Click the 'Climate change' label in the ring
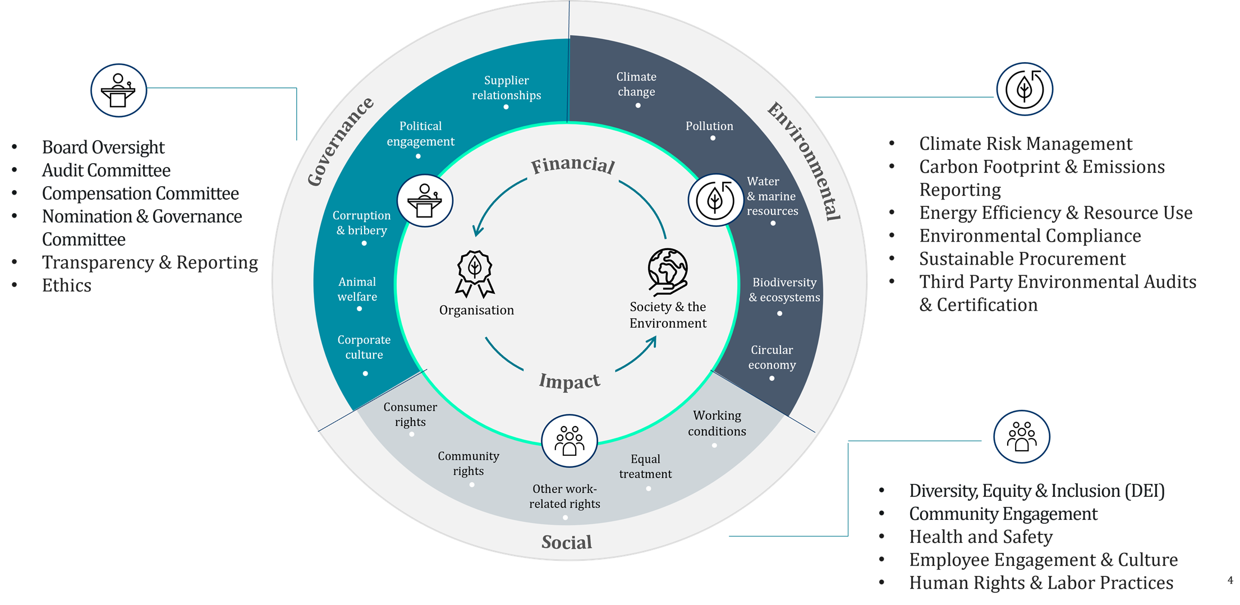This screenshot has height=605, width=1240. click(636, 84)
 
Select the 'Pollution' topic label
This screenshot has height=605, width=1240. click(709, 126)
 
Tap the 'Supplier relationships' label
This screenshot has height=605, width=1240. click(506, 88)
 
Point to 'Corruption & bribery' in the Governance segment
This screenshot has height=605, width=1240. click(361, 223)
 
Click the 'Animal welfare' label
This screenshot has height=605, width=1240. click(357, 289)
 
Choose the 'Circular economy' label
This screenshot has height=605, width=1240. click(772, 357)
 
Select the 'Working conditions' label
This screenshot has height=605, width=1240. click(717, 423)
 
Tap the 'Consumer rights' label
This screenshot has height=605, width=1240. click(410, 414)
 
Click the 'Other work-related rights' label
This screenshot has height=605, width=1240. click(564, 496)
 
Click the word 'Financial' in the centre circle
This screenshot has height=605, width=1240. click(573, 165)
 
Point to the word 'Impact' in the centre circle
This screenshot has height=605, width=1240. click(570, 381)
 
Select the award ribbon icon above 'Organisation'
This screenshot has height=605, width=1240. click(475, 273)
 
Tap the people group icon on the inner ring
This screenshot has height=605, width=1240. click(569, 441)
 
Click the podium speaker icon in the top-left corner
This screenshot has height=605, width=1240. click(118, 90)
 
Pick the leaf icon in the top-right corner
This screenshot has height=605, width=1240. click(1025, 89)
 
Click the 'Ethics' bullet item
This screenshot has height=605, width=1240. click(67, 285)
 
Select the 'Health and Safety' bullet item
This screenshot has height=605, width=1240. click(981, 537)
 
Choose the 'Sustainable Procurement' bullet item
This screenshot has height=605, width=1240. click(1022, 259)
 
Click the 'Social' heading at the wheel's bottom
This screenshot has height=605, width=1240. click(567, 542)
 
